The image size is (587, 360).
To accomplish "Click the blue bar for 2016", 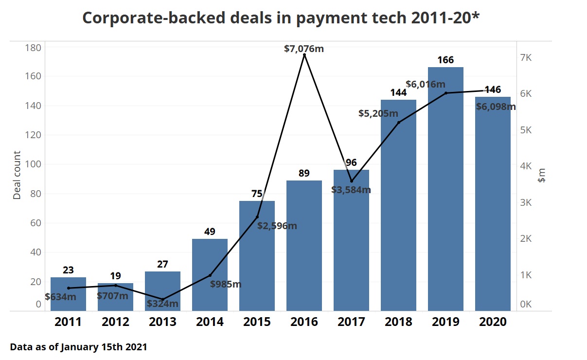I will [x=304, y=246].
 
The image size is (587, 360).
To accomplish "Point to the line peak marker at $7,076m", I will [x=304, y=55].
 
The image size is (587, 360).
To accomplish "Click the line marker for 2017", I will [x=352, y=181].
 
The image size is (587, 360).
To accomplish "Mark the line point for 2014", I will [x=210, y=275].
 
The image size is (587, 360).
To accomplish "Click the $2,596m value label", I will [x=277, y=226].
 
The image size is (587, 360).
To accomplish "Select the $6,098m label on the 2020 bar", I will [x=496, y=107].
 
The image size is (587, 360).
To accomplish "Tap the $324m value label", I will [x=162, y=304].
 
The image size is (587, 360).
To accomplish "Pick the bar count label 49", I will [x=210, y=232].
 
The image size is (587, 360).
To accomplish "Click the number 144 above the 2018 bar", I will [x=398, y=92].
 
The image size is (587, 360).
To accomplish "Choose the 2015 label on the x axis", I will [x=257, y=322].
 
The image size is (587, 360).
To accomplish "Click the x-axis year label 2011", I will [x=68, y=322].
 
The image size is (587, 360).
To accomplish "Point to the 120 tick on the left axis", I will [x=33, y=135].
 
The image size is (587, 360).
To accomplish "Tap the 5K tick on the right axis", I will [x=526, y=130].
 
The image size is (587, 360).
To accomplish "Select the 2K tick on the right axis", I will [x=526, y=239].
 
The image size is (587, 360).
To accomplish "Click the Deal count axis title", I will [x=18, y=175].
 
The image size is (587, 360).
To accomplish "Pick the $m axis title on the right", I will [x=542, y=175].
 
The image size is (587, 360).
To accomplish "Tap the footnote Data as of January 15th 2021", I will [x=78, y=347].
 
